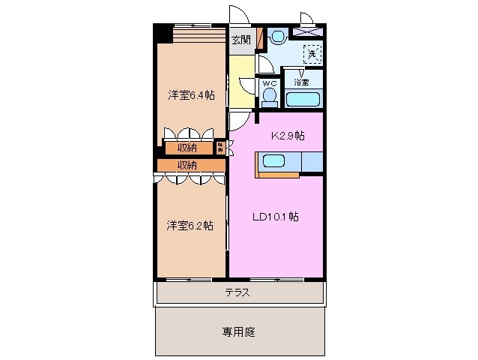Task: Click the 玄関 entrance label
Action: click(240, 40)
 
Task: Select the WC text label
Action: click(269, 83)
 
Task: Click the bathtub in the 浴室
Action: click(304, 100)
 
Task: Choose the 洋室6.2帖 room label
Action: click(190, 225)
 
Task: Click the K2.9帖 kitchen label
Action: click(287, 136)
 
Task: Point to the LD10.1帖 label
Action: click(276, 217)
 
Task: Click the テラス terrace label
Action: click(238, 292)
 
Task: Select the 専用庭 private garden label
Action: click(239, 331)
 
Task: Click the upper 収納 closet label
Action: click(187, 147)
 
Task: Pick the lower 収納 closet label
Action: click(187, 164)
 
